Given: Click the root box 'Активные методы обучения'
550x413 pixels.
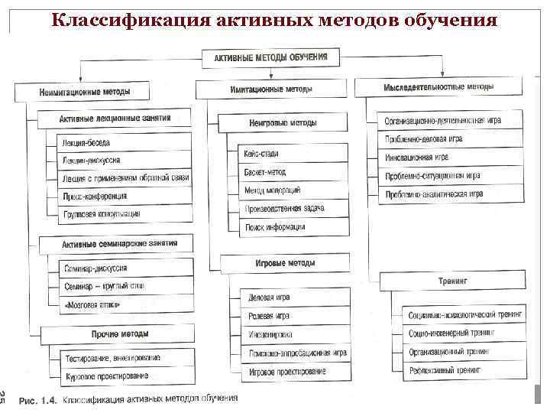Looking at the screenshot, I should coord(270,57).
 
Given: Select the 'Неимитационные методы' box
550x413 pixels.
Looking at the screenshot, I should coord(85,92).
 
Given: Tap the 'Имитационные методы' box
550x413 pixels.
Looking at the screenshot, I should coord(270,89).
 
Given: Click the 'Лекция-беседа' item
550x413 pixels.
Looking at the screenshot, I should coord(122,142).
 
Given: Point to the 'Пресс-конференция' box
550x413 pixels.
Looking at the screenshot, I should coord(122,197).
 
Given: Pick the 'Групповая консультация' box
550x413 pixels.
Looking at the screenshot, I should coord(122,215).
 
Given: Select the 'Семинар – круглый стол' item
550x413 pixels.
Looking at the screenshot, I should coord(122,286).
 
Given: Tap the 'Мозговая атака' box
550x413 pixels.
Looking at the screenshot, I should coord(122,304).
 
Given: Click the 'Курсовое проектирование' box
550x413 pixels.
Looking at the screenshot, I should coord(122,376).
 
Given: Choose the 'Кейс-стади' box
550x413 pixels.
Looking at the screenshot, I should coord(294,154).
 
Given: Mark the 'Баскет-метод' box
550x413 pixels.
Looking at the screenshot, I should coord(294,172).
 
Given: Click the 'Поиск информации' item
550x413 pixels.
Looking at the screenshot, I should coord(294,226).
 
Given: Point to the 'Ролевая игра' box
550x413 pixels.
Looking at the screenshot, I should coord(294,315).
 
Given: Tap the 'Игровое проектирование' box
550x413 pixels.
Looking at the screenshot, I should coord(294,371).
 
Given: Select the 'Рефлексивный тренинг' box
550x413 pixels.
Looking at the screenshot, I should coord(463,369).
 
